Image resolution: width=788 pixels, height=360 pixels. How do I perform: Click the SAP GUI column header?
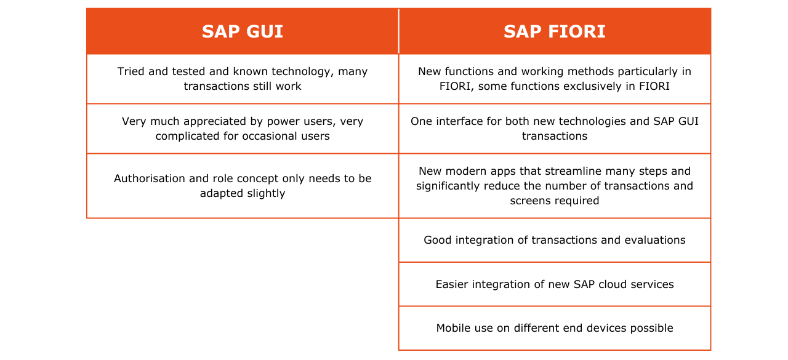243,31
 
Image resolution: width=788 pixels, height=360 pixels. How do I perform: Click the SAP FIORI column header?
554,31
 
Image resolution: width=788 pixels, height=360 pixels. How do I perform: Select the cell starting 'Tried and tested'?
243,79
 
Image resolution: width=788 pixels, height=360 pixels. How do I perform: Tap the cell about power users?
243,129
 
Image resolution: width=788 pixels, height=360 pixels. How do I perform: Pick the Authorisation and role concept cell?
243,186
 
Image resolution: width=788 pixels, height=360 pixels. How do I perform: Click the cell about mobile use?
554,328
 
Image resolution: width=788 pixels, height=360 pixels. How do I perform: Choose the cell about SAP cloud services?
554,284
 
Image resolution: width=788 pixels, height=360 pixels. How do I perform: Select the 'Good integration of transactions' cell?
554,240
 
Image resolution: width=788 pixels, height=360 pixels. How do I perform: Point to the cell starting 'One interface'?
554,129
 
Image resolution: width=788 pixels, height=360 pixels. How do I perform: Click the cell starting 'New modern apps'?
554,186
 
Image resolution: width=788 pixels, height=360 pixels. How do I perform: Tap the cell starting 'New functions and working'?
554,79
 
